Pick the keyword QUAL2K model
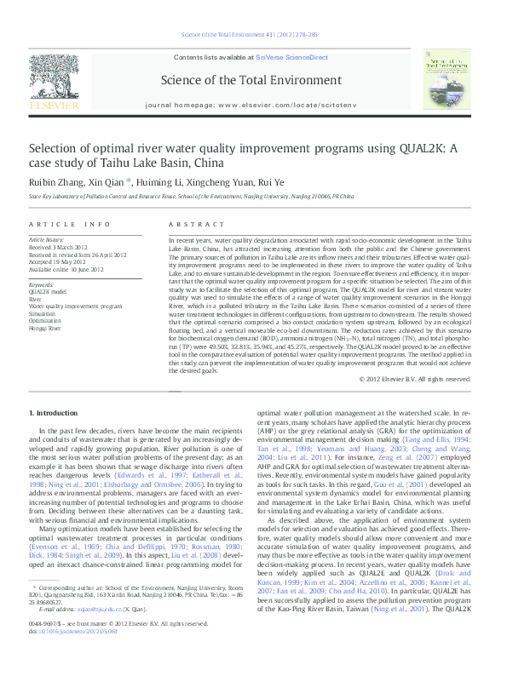pos(48,291)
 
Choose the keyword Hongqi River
pos(46,327)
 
